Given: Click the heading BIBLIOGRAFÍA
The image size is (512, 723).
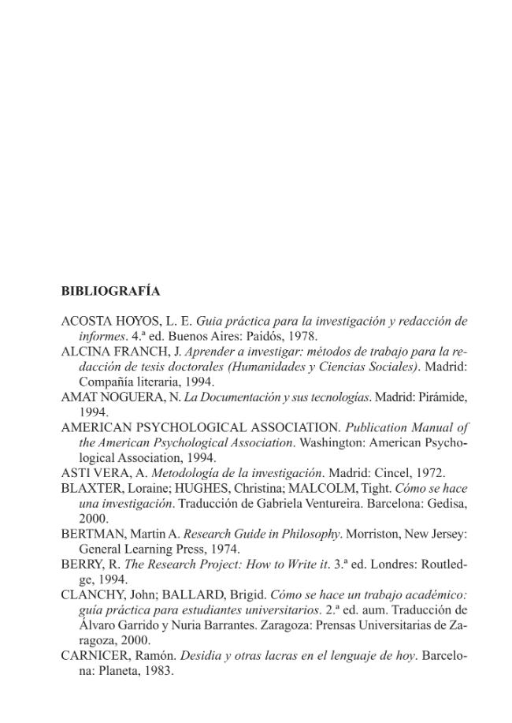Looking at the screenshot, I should pos(110,291).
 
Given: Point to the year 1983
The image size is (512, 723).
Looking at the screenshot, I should pos(157,671).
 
